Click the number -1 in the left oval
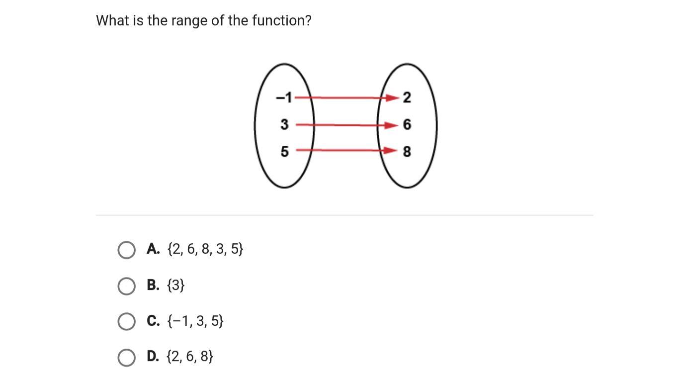coord(284,97)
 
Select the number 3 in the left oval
coord(284,124)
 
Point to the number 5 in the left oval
coord(284,151)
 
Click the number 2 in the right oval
coord(407,97)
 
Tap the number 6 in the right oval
coord(407,124)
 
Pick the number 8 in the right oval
coord(407,151)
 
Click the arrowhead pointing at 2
coord(393,97)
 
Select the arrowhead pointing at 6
coord(392,125)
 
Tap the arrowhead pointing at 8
coord(391,150)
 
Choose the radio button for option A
coord(126,250)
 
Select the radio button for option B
coord(126,286)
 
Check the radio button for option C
coord(126,321)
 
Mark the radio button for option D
coord(126,358)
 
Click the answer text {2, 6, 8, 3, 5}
coord(205,249)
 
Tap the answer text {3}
coord(176,285)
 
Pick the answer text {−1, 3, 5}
coord(195,321)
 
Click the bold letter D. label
coord(153,356)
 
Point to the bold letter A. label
coord(153,249)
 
